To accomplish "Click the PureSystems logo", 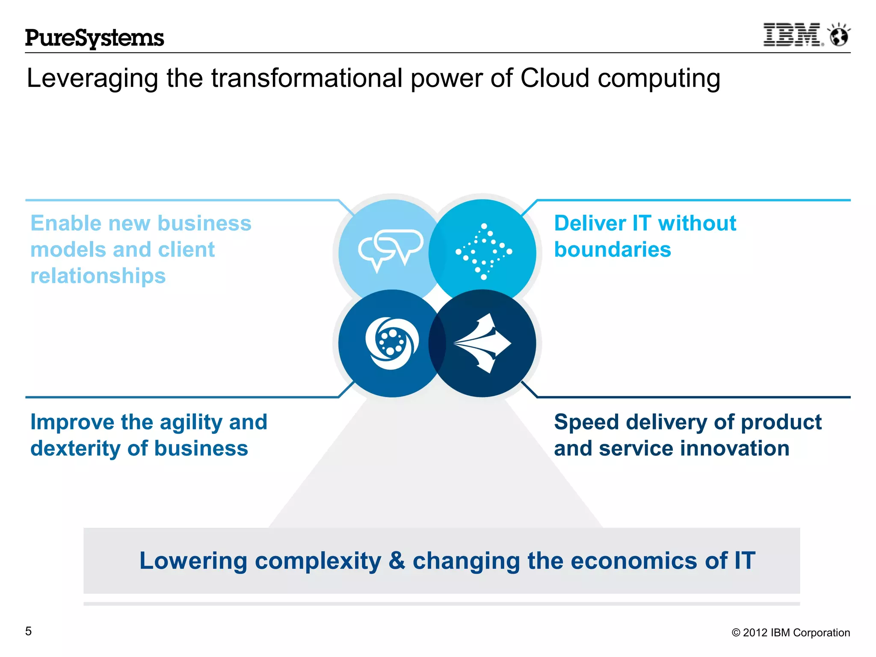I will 95,38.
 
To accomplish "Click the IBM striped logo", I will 793,35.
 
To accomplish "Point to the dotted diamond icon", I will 484,252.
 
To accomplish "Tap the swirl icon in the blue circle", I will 391,343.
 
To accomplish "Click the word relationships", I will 98,276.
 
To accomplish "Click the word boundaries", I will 613,250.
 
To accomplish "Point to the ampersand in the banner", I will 397,561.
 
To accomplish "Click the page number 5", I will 29,631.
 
